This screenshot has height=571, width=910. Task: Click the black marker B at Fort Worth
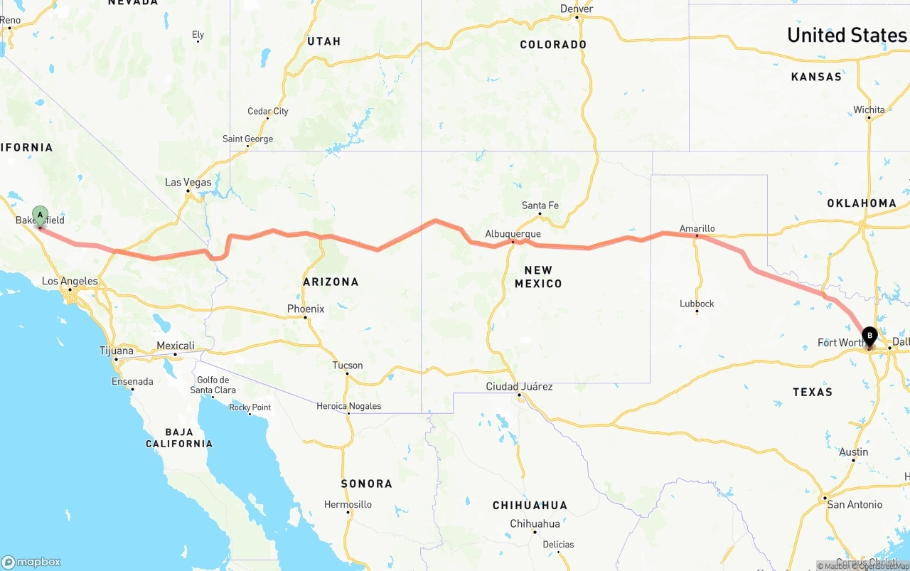click(x=869, y=336)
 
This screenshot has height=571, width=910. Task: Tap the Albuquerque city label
click(x=513, y=233)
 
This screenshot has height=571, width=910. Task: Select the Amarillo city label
click(x=697, y=228)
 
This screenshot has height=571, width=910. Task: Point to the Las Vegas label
click(x=188, y=182)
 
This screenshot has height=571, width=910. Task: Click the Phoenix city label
click(x=306, y=309)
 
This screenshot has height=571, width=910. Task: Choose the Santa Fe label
click(x=540, y=206)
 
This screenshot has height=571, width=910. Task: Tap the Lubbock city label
click(x=697, y=304)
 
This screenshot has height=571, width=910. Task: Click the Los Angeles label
click(x=70, y=281)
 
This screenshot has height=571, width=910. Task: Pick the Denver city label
click(x=577, y=9)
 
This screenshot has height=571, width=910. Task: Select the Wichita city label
click(x=869, y=110)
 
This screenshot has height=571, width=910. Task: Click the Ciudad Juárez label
click(x=519, y=386)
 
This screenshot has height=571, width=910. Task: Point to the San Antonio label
click(x=855, y=504)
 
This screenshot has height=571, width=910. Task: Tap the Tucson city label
click(x=348, y=365)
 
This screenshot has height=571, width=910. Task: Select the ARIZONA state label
click(x=331, y=282)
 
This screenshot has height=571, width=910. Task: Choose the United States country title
click(x=847, y=35)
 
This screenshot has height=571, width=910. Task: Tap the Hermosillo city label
click(x=348, y=504)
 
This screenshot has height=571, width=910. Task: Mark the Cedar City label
click(x=268, y=111)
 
